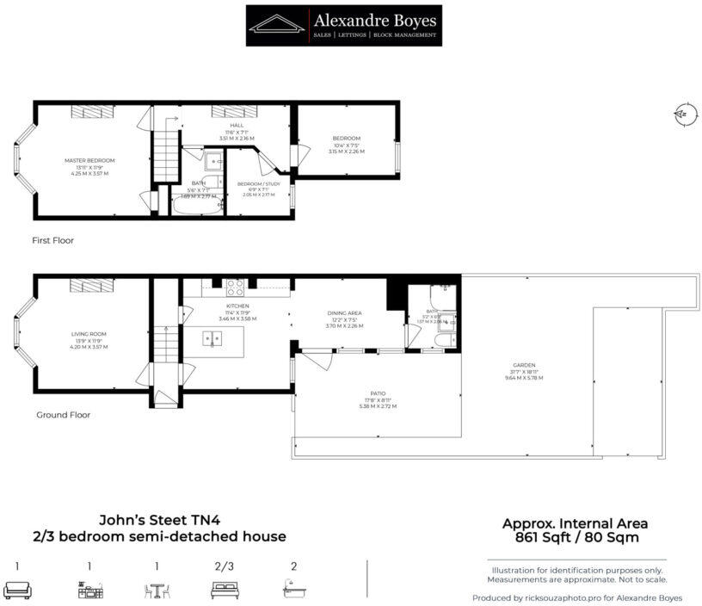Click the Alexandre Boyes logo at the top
pyautogui.click(x=343, y=25)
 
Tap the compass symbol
pyautogui.click(x=684, y=114)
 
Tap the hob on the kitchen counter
pyautogui.click(x=236, y=285)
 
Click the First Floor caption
pyautogui.click(x=52, y=240)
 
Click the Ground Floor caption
pyautogui.click(x=63, y=415)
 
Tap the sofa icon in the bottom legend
pyautogui.click(x=17, y=590)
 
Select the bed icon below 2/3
pyautogui.click(x=224, y=590)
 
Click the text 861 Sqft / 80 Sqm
pyautogui.click(x=575, y=538)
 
